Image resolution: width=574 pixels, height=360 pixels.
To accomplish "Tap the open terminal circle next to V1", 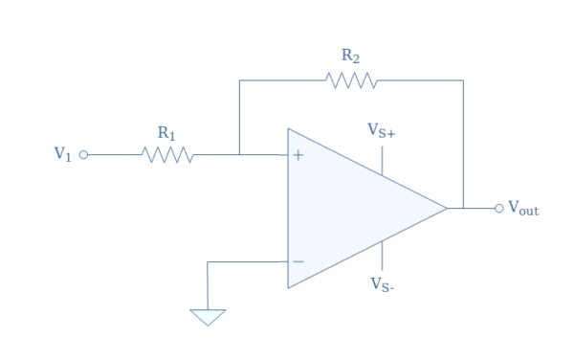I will tap(83, 154).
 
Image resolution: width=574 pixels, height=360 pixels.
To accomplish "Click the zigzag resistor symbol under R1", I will tap(167, 154).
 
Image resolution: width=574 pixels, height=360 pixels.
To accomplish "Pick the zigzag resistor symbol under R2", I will tap(351, 80).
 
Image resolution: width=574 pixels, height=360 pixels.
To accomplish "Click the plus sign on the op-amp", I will tap(298, 154).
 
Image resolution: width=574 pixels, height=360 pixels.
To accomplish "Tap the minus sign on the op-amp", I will tap(298, 261).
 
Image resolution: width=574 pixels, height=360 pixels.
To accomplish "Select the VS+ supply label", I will tap(382, 130).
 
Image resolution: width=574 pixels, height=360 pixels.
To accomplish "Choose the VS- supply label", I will tap(382, 284).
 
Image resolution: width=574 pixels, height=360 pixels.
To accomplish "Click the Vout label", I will tap(523, 208).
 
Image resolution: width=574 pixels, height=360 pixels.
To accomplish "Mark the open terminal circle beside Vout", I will tap(498, 208).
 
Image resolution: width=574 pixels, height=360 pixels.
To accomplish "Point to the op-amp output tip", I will tap(447, 208).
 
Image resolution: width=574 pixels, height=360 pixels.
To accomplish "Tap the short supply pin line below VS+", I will tap(383, 160).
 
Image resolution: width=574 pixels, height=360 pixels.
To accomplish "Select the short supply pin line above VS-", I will tap(383, 256).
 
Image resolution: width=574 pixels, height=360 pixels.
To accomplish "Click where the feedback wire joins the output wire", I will tap(463, 208).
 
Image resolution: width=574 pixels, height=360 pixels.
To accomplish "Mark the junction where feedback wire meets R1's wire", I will tap(239, 154).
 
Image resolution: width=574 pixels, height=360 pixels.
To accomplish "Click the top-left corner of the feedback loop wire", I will tap(239, 80).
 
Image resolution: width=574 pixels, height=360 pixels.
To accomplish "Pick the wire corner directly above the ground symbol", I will tap(208, 261).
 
